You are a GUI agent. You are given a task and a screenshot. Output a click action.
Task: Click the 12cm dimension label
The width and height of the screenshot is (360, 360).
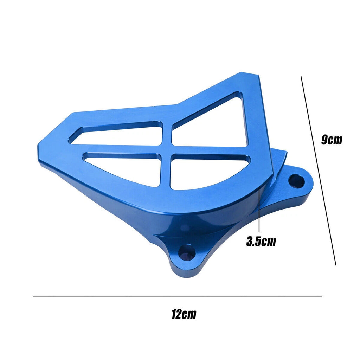point(184,314)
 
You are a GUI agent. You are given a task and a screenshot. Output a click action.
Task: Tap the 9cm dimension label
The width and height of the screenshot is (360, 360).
point(331,140)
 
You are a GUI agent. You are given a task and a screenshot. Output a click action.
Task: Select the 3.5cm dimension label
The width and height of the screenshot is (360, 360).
point(261,242)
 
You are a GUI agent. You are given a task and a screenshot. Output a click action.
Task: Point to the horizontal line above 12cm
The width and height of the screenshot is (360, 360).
point(178,296)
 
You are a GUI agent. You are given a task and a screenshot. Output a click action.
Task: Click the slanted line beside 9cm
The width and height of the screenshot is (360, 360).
point(319,171)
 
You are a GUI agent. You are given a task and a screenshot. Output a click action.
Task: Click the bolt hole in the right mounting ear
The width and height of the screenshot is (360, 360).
point(296,181)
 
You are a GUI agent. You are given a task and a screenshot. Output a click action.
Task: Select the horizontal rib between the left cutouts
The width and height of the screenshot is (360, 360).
point(120,149)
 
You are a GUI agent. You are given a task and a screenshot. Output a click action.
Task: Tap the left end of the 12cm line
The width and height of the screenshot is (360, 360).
point(34,296)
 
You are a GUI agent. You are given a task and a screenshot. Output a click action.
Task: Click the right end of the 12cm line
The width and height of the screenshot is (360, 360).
point(321,296)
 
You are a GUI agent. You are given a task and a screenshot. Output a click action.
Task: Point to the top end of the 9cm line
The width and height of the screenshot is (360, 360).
point(301,76)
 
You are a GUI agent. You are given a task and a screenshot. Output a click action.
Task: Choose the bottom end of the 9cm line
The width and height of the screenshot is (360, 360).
point(336,265)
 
